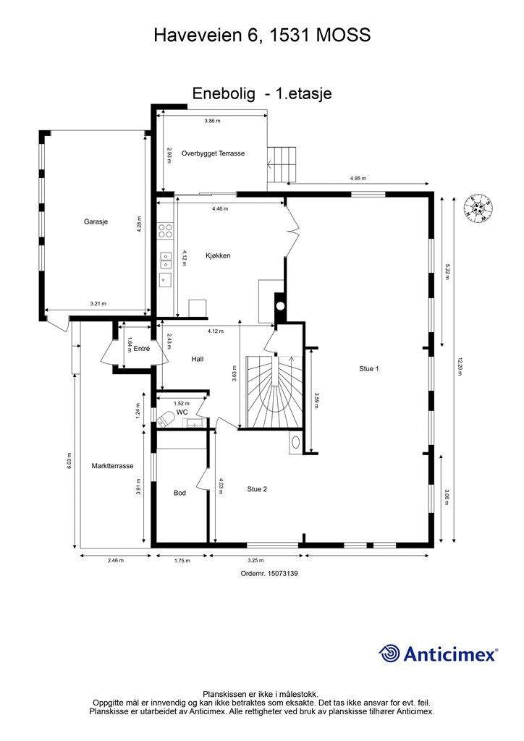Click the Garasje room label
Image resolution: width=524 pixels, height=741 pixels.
point(96,221)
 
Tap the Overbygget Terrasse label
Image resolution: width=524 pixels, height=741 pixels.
point(213,153)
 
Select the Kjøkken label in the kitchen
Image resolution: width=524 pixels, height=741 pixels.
point(218,255)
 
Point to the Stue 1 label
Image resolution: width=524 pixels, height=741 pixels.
point(369,368)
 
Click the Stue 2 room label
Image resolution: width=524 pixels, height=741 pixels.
point(257,489)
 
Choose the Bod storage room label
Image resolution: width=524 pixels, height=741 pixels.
point(179,493)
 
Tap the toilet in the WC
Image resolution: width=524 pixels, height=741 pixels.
point(165,419)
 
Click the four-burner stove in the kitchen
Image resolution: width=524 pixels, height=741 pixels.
point(165,230)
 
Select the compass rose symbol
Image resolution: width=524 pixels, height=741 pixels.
point(478,208)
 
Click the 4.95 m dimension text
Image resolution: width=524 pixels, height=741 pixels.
point(358,179)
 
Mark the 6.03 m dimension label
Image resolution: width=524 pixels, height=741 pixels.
point(69,461)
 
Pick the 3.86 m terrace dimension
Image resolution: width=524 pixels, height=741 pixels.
point(212,121)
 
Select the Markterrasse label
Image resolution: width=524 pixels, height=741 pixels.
point(112,466)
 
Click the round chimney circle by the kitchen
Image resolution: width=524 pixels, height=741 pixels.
point(280,306)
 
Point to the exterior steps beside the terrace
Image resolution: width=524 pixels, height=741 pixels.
point(282,164)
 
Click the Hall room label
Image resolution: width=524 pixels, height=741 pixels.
point(198,359)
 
